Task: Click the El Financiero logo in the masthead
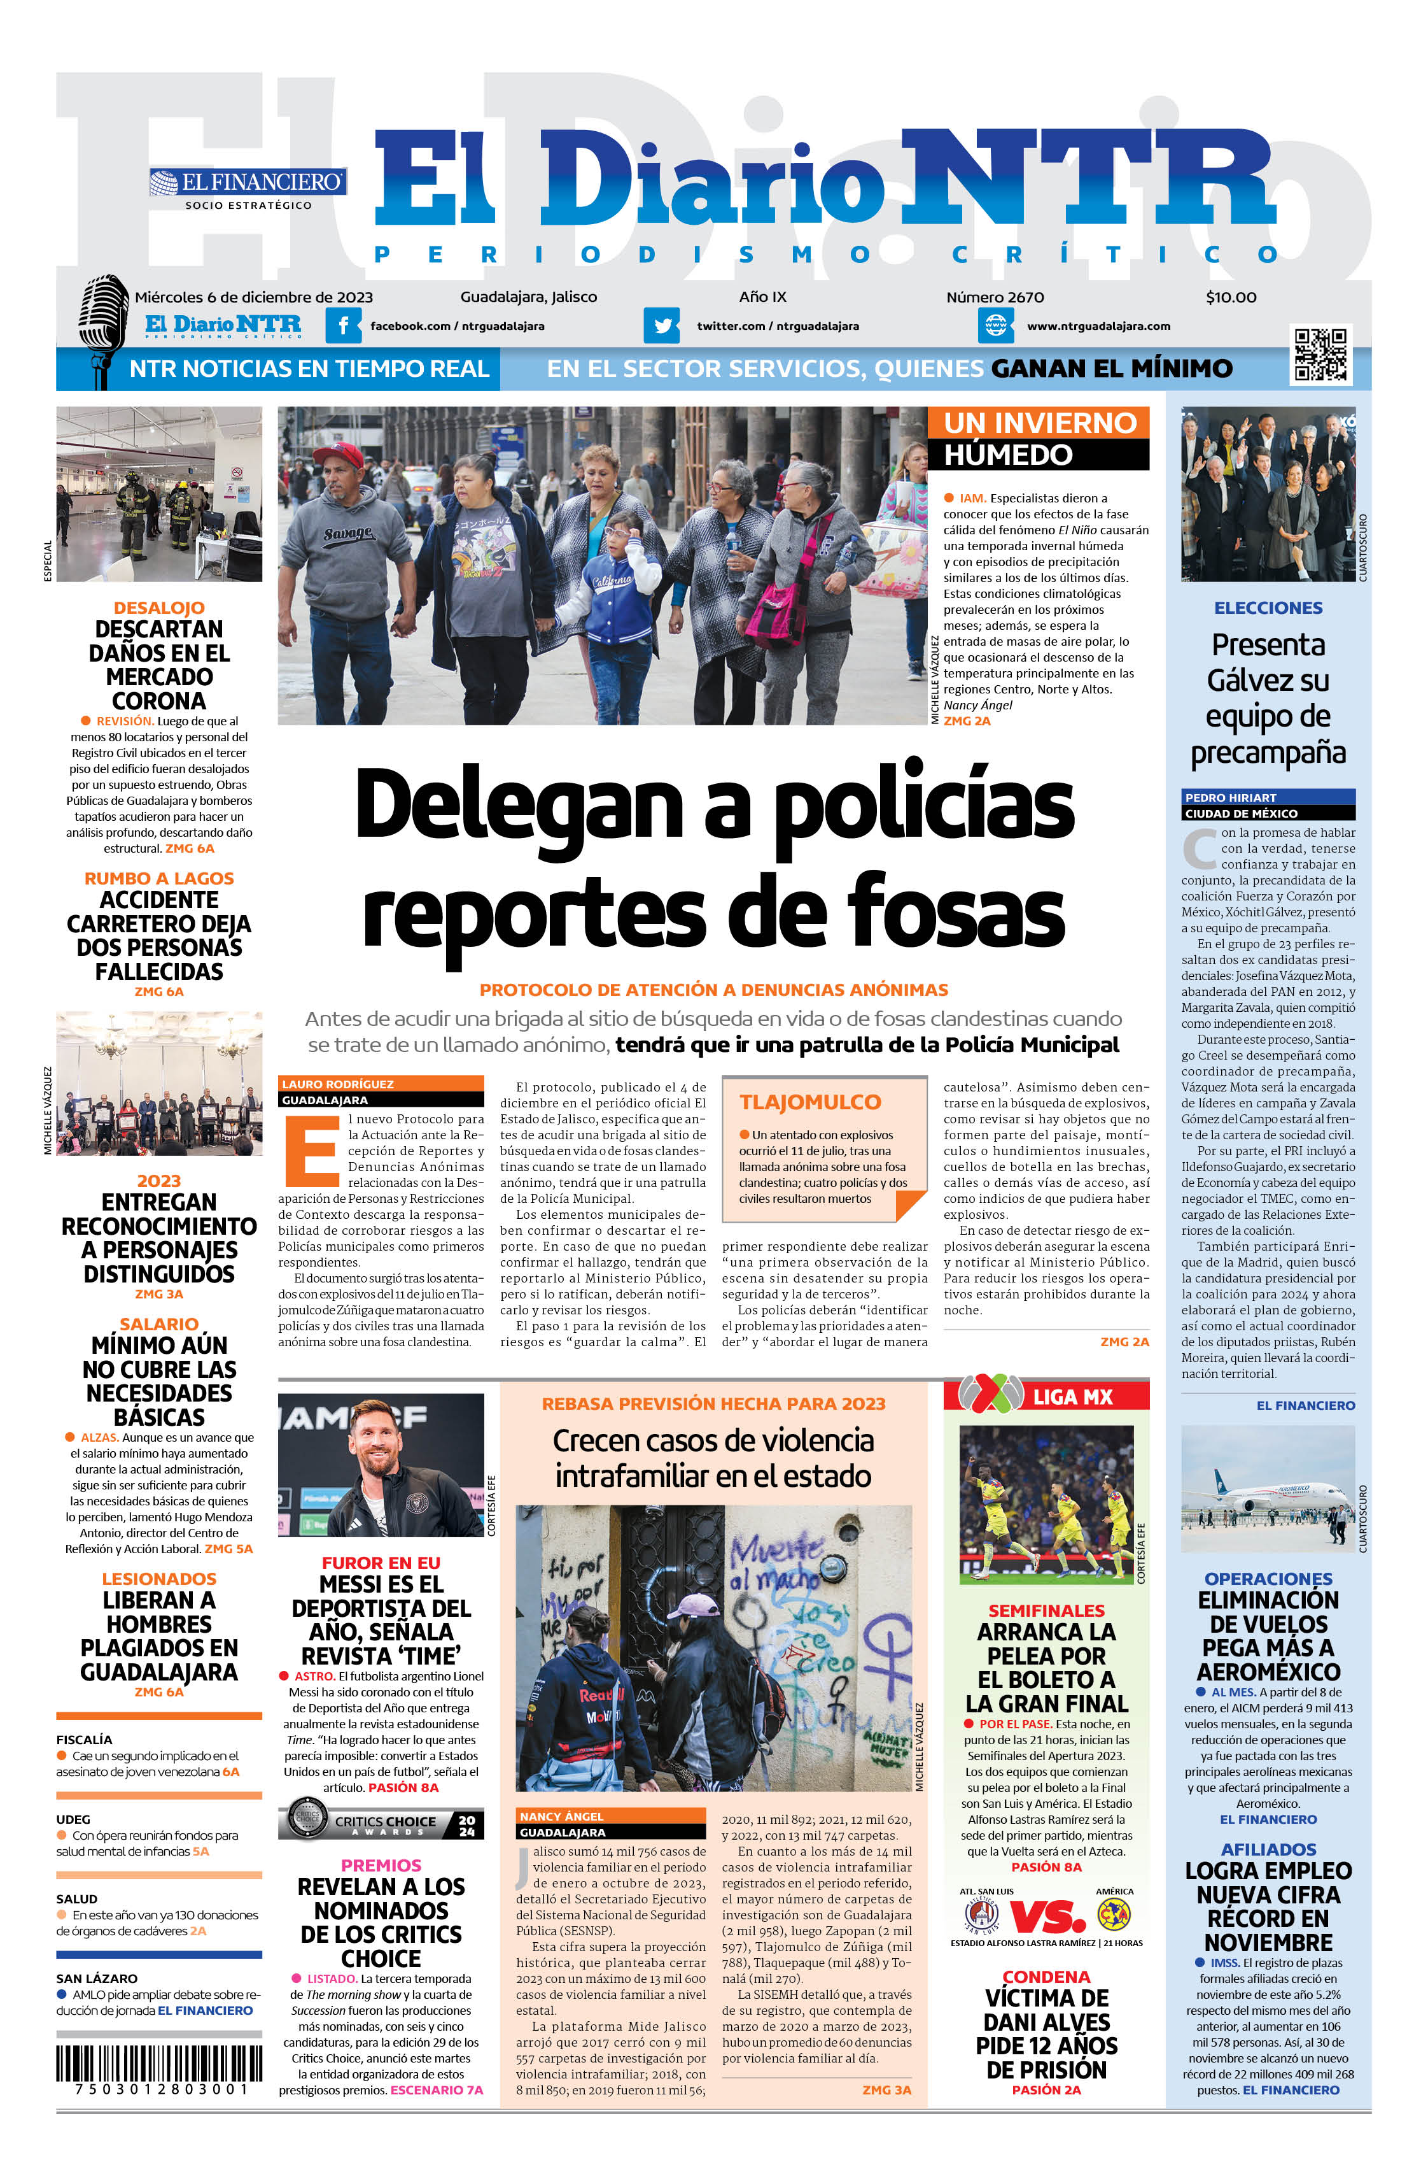[248, 182]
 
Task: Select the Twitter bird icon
[661, 325]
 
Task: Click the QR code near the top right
[1320, 353]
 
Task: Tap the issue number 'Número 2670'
[995, 297]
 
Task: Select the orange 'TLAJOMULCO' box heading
[809, 1102]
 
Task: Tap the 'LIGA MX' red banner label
[1072, 1396]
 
